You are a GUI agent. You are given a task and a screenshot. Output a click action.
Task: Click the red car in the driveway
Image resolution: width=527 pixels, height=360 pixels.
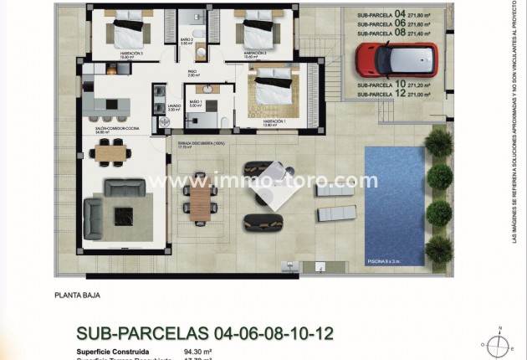tap(396, 59)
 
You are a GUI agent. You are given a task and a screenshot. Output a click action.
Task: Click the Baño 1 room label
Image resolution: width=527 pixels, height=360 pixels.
tap(196, 103)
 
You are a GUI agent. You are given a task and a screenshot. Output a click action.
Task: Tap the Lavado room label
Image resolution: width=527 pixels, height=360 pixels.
tap(173, 106)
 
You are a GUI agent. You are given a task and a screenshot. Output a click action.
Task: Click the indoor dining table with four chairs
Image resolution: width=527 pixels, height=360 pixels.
tap(111, 153)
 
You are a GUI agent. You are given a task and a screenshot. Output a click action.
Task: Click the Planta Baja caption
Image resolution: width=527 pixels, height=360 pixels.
tap(78, 295)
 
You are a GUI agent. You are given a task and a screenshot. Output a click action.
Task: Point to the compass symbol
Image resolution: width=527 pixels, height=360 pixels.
tap(499, 343)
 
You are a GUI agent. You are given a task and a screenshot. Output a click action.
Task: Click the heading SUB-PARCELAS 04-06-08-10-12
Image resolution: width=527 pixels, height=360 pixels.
tap(204, 333)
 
